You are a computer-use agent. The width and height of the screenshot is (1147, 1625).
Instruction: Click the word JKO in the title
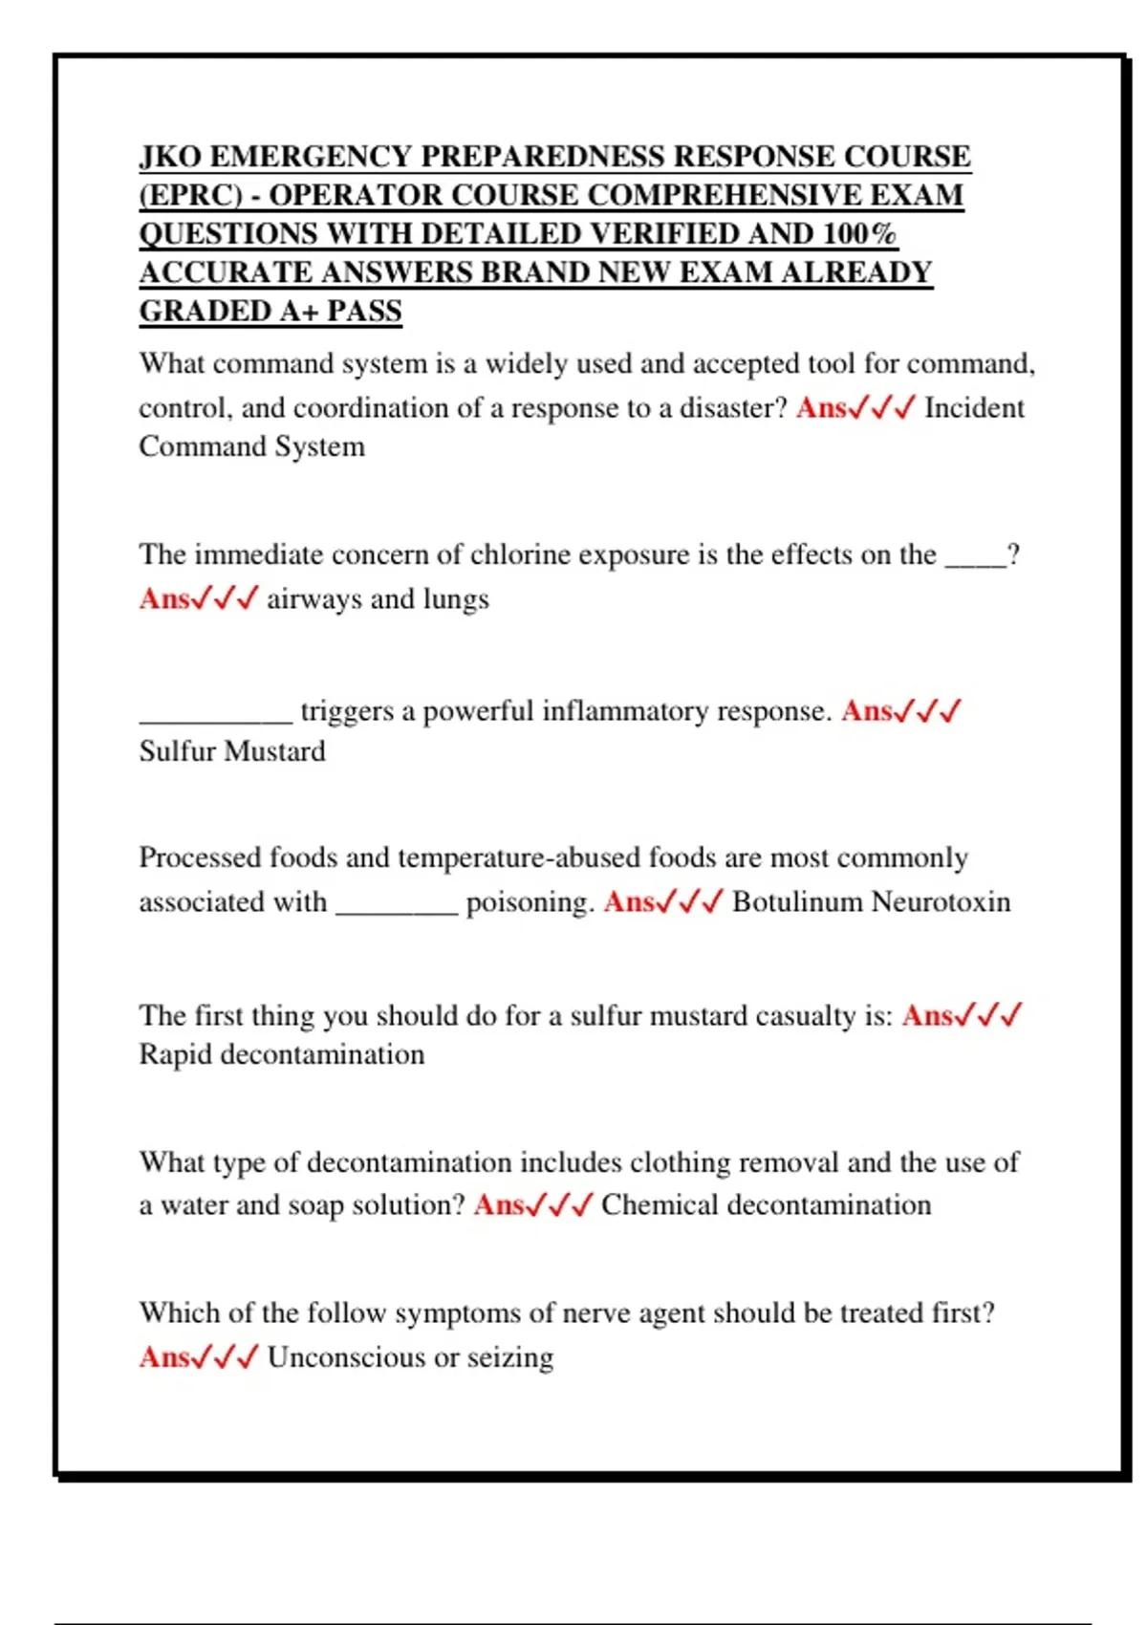(169, 156)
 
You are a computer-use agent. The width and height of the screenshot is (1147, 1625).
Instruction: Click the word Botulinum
(797, 902)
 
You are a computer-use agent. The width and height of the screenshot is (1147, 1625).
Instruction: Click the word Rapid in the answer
(176, 1054)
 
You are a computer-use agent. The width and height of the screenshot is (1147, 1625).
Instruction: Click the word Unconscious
(347, 1357)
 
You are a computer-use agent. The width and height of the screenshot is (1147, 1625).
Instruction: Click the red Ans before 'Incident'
(821, 408)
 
